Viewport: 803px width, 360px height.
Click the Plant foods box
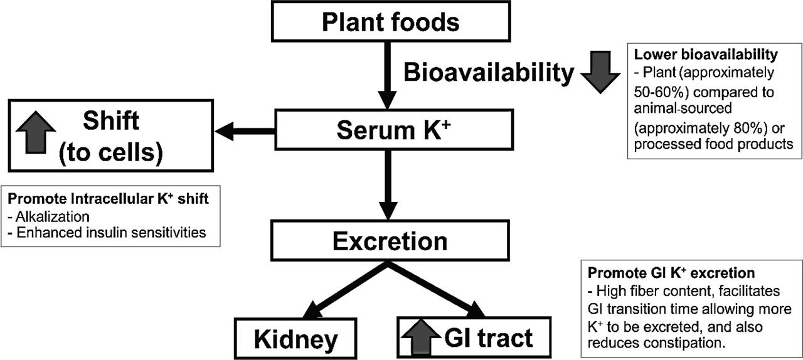[x=390, y=21]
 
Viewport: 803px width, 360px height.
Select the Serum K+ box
[x=390, y=130]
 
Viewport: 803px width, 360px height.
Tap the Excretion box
[x=390, y=241]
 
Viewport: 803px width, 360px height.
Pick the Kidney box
[x=296, y=338]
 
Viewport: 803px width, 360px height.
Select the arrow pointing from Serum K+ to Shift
[x=245, y=131]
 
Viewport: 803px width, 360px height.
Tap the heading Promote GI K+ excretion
[x=671, y=273]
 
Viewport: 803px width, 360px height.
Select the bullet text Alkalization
[x=50, y=216]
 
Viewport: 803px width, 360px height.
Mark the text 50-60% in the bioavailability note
[x=654, y=92]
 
